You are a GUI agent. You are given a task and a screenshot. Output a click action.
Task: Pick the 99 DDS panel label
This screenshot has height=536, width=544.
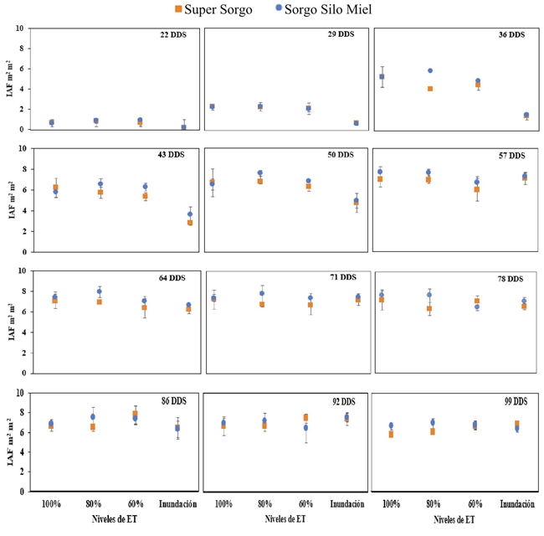pyautogui.click(x=509, y=401)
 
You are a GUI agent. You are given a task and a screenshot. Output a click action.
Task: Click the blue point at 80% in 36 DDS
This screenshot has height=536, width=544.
pyautogui.click(x=430, y=71)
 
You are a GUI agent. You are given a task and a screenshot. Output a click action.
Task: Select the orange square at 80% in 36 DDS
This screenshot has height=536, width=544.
pyautogui.click(x=430, y=89)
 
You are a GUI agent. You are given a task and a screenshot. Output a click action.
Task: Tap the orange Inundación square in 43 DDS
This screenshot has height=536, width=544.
pyautogui.click(x=190, y=223)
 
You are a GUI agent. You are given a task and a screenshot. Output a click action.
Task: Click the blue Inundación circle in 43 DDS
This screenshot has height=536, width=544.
pyautogui.click(x=190, y=214)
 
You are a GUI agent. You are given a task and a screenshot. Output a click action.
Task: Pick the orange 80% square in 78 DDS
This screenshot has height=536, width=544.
pyautogui.click(x=429, y=309)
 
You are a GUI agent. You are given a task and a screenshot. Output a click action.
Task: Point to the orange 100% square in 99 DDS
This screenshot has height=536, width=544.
pyautogui.click(x=391, y=435)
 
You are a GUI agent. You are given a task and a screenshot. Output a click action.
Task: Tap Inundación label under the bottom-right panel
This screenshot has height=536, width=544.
pyautogui.click(x=513, y=503)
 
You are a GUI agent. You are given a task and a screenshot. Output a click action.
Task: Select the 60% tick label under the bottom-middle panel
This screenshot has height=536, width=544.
pyautogui.click(x=305, y=503)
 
